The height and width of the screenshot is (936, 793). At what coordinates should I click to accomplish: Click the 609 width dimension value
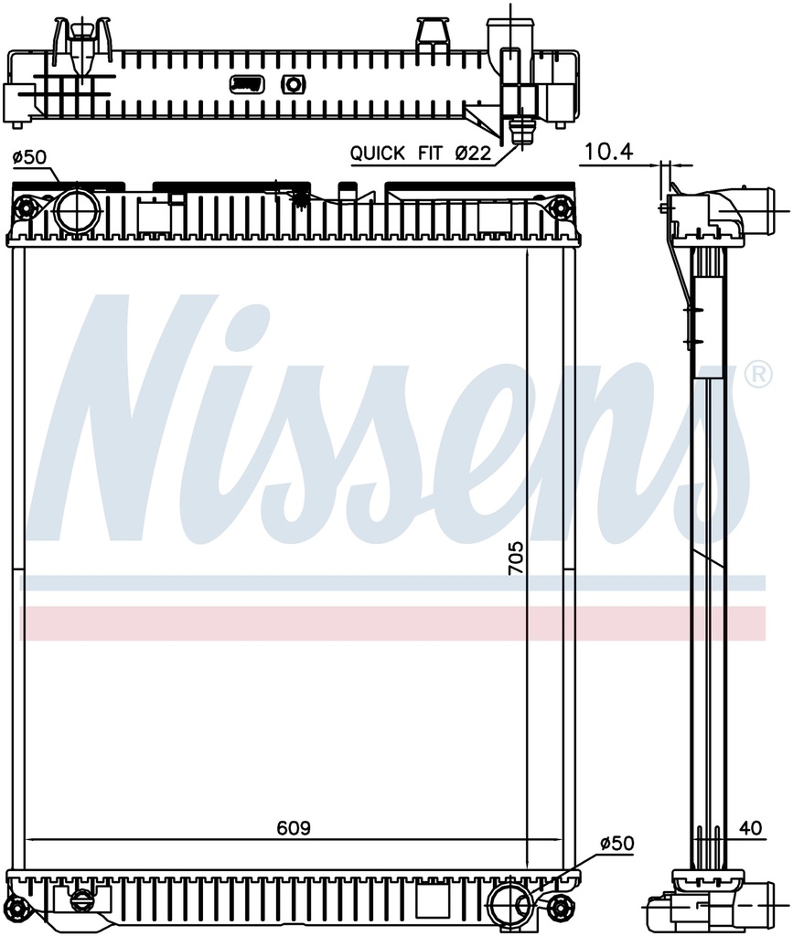[294, 828]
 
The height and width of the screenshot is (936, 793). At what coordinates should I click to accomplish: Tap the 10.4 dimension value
[608, 153]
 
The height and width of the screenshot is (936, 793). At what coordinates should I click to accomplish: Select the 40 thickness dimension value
[751, 828]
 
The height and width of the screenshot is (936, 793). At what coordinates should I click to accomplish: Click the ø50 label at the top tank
[29, 157]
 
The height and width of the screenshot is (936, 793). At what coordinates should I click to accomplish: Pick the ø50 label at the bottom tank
[616, 844]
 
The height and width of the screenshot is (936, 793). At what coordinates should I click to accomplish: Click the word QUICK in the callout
[378, 154]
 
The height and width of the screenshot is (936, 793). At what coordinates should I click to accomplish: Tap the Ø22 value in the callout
[472, 154]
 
